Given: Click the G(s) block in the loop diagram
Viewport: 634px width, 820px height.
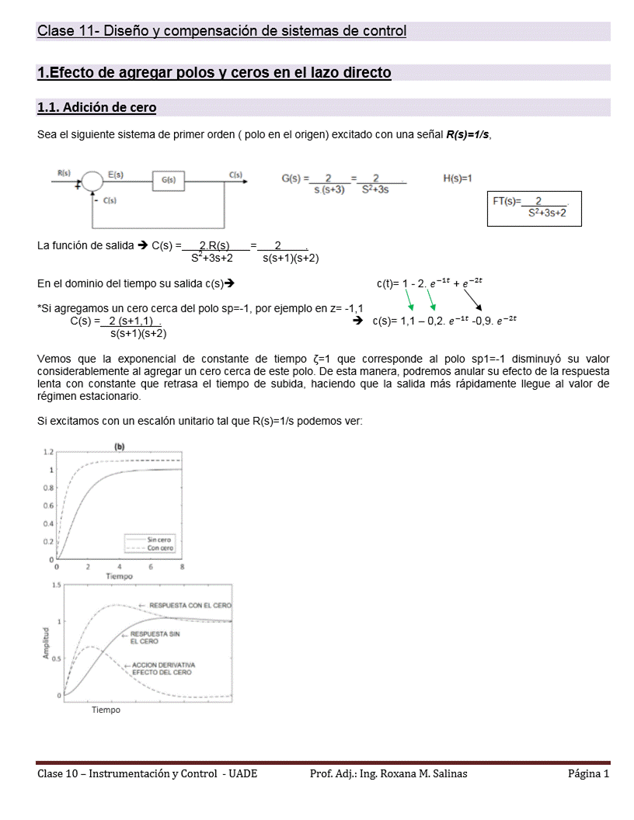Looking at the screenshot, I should coord(169,180).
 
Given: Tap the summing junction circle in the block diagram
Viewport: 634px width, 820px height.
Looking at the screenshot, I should coord(92,180).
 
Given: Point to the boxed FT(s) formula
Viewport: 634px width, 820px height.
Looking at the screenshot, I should coord(534,207).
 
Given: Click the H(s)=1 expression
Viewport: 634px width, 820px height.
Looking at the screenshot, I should coord(458,179).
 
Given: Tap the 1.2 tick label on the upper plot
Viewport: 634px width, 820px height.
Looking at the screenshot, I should coord(48,451).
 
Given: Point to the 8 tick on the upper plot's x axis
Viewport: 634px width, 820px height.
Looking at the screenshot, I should coord(182,567).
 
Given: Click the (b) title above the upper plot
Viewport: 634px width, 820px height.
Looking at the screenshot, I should coord(120,446).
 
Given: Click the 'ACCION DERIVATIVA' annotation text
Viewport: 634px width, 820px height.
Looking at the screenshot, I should coord(163,665).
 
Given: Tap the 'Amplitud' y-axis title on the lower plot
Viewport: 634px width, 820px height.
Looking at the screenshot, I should coord(45,643).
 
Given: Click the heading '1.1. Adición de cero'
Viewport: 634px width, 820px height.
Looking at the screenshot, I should coord(97,107).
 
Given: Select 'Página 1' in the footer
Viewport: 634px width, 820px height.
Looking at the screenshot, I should coord(588,773).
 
